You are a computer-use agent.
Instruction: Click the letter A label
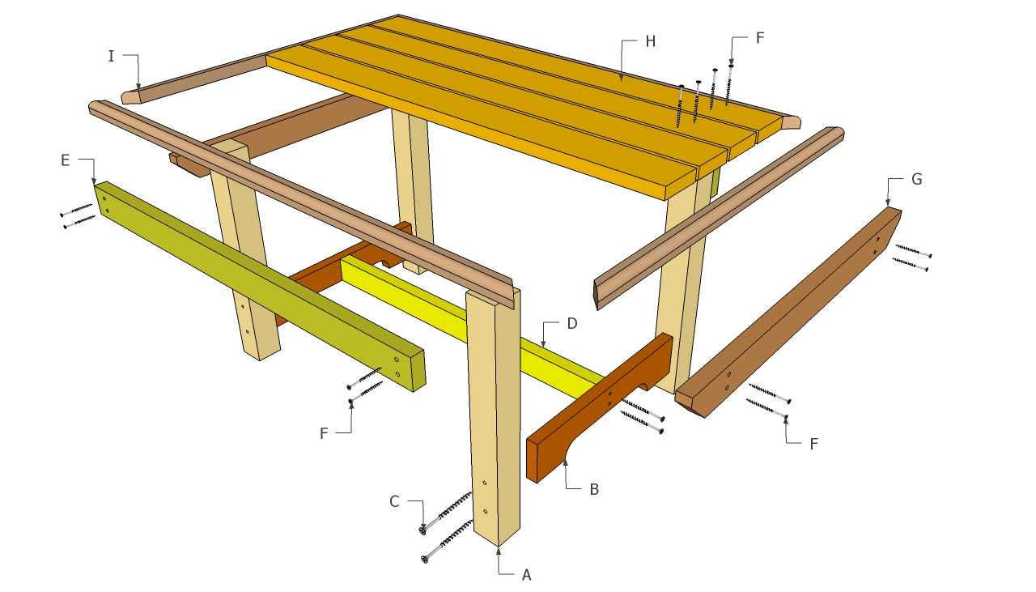coord(527,574)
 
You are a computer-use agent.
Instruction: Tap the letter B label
coord(594,489)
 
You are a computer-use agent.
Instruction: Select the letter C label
coord(395,502)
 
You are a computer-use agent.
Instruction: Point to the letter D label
coord(571,324)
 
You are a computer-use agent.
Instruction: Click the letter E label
coord(65,160)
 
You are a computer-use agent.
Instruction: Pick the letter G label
coord(917,180)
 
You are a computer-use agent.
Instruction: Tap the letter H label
coord(650,41)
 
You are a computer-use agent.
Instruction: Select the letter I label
coord(111,55)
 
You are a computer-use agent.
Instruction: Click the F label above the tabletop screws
coord(758,37)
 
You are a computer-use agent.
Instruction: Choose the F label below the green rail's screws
coord(324,433)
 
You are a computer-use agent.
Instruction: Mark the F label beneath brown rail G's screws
coord(814,443)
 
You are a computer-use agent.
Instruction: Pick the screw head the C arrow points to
coord(422,530)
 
